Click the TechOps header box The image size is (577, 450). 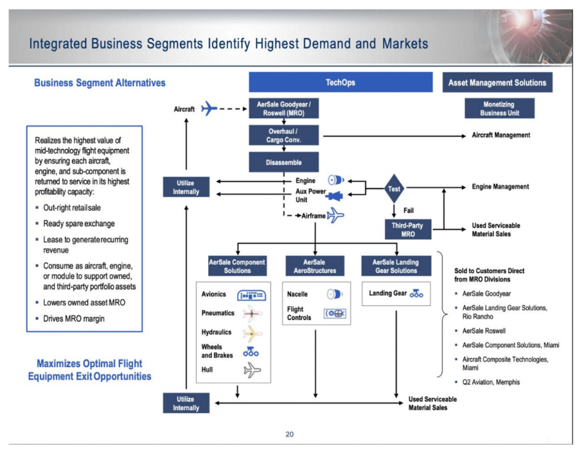(x=341, y=82)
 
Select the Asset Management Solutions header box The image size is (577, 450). (x=497, y=82)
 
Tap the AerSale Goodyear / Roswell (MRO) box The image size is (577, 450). (x=283, y=108)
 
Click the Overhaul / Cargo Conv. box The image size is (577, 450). (x=283, y=136)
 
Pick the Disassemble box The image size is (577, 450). (x=283, y=162)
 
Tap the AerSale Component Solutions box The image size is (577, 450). (x=237, y=266)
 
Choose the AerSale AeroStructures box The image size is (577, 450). (x=314, y=266)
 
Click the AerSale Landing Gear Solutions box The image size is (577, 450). (x=395, y=266)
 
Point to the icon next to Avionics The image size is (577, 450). (x=251, y=295)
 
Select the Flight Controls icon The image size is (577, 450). (x=335, y=313)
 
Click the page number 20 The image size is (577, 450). (x=290, y=435)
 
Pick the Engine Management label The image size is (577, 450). (x=501, y=187)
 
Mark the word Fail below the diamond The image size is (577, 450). (x=408, y=210)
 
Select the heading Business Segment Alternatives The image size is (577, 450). (x=100, y=83)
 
